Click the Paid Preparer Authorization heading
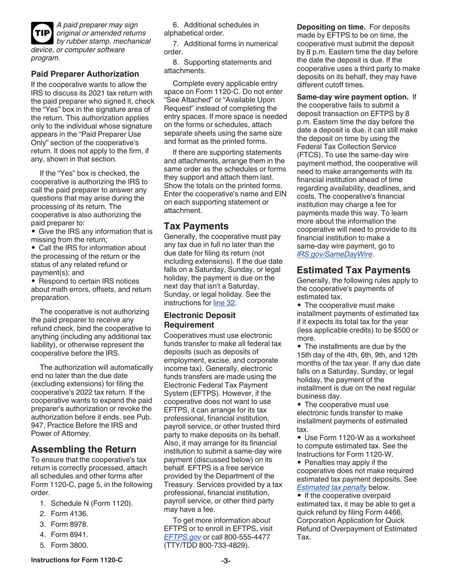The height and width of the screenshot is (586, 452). [x=85, y=74]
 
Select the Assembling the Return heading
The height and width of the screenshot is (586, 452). [x=83, y=449]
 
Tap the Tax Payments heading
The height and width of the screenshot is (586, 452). [x=196, y=226]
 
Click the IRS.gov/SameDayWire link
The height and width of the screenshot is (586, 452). [x=334, y=255]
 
